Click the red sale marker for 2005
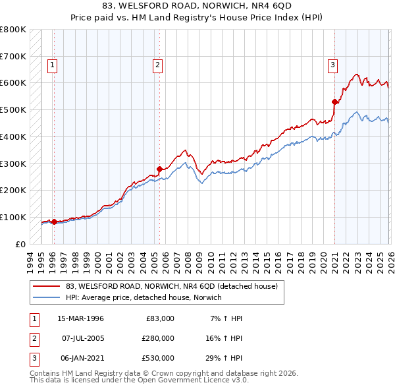point(159,168)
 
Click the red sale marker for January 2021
point(334,102)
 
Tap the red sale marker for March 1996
point(54,222)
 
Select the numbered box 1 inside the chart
point(52,65)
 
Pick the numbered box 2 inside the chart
point(158,65)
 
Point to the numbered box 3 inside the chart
point(333,65)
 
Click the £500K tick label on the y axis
point(13,110)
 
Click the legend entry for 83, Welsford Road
point(172,286)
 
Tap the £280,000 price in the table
point(158,338)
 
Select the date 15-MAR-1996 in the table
point(81,318)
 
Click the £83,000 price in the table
point(160,318)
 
